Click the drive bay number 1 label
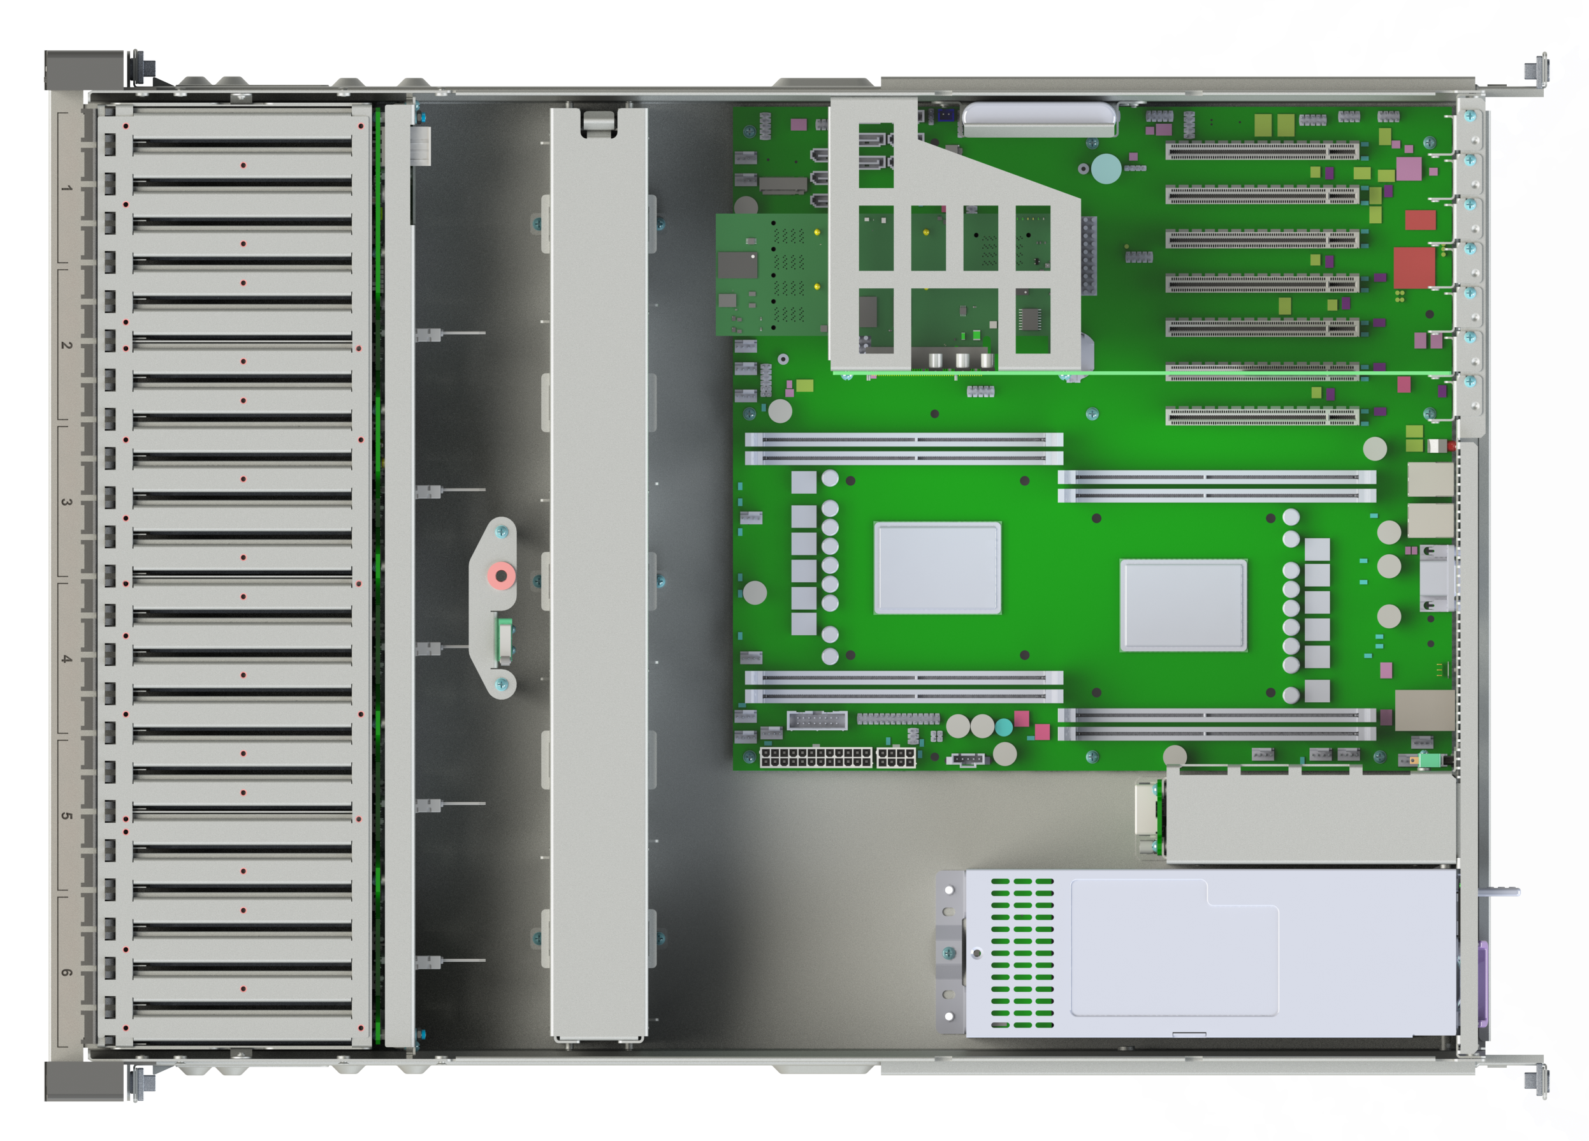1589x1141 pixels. pos(66,188)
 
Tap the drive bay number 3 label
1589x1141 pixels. pos(66,502)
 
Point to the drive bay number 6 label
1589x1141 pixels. pos(66,973)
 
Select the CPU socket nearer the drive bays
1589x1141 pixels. pos(938,568)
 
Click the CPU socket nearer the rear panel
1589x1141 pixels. pos(1184,605)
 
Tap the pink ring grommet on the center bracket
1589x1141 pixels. pos(501,576)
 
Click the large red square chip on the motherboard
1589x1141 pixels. pos(1414,267)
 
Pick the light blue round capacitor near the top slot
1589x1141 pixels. pos(1106,169)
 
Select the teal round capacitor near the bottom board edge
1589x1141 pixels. pos(1004,728)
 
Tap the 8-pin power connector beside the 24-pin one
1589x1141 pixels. pos(896,758)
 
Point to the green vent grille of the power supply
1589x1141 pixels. pos(1022,952)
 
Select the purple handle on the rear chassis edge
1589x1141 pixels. pos(1483,984)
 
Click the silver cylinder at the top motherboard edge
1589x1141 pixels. pos(1039,119)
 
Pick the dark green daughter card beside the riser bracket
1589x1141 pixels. pos(771,275)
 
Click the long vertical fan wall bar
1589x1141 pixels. pos(599,573)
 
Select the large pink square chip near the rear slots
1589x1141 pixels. pos(1409,169)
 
